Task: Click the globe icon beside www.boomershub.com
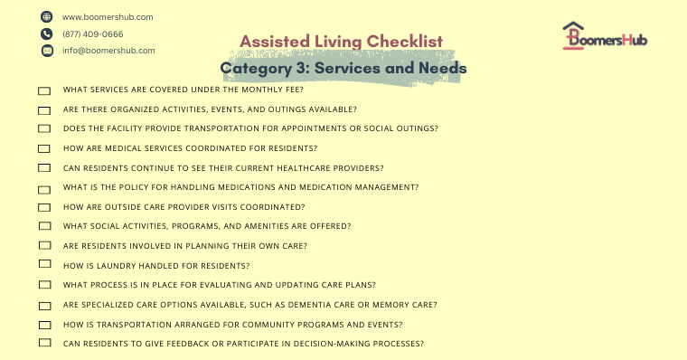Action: [46, 17]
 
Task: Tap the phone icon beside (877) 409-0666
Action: [46, 33]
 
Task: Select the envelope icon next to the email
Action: [46, 51]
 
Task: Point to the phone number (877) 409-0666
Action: [93, 34]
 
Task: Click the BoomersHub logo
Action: [604, 36]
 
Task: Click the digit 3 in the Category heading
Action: [304, 68]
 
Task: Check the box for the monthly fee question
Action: [44, 91]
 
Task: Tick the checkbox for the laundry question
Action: [44, 265]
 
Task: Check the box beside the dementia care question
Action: [44, 305]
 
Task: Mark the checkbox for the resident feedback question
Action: [44, 344]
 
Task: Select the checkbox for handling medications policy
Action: [44, 188]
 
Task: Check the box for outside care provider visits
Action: [44, 207]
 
